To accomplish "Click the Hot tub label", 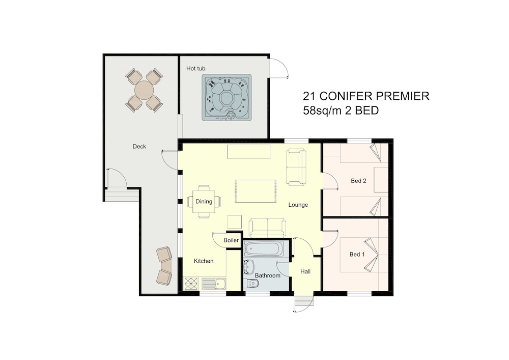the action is point(195,69).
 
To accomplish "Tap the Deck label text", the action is point(139,147).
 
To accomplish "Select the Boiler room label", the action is point(231,240).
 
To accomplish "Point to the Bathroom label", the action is point(268,275).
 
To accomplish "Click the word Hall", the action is point(305,271).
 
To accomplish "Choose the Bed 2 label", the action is point(358,181).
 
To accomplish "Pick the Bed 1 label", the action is point(357,254).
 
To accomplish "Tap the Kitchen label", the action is point(204,261).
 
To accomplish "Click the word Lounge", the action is point(298,205).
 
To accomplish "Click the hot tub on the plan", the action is point(227,97).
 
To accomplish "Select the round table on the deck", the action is point(144,90).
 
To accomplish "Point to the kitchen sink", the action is point(214,284).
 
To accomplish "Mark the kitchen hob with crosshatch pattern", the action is point(191,284).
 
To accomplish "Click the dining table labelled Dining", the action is point(204,202).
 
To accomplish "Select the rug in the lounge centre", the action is point(256,191).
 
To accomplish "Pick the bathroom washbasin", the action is point(248,266).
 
